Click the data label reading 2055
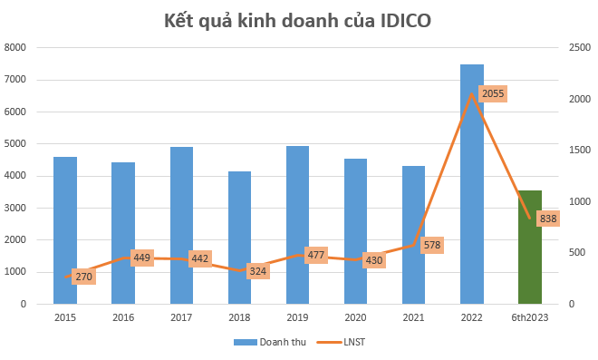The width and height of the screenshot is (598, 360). coord(493,93)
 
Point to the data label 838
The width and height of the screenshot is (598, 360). coord(548,219)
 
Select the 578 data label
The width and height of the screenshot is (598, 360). coord(432,245)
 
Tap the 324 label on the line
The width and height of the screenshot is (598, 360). coord(258,270)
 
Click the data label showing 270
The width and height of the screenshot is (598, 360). coord(83,276)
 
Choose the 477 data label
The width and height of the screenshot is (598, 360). coord(316,255)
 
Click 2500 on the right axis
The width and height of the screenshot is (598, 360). coord(576,47)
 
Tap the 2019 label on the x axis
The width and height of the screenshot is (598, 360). coord(297,317)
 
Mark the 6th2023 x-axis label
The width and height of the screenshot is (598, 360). coord(530,317)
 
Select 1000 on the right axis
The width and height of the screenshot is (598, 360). coord(576,201)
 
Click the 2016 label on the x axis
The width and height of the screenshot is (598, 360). coord(123,317)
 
